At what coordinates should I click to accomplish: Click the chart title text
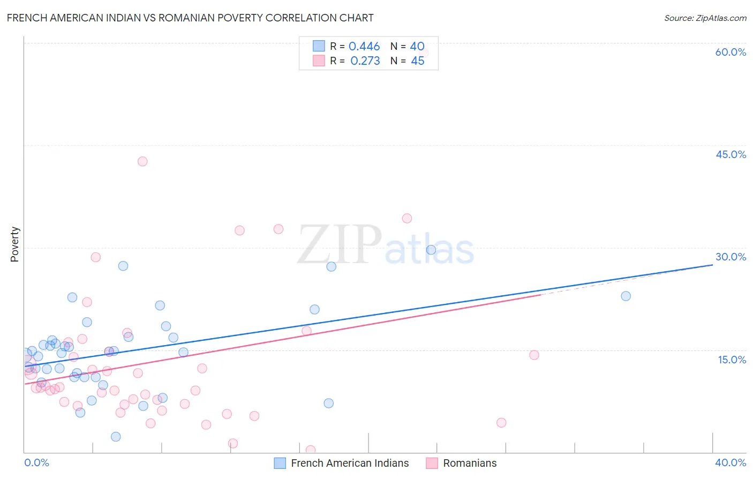click(x=190, y=18)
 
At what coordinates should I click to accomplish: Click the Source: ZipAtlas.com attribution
click(x=705, y=18)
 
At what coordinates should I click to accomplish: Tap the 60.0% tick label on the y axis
click(x=731, y=52)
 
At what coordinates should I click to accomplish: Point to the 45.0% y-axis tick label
click(x=731, y=154)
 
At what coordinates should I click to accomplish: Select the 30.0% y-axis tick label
click(x=731, y=257)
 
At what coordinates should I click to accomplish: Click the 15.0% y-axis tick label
click(x=732, y=360)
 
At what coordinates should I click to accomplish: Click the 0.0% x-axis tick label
click(x=36, y=462)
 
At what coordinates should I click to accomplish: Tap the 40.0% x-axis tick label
click(x=730, y=462)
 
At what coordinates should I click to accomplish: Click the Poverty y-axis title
click(x=14, y=244)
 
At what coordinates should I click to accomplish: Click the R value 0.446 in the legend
click(x=364, y=47)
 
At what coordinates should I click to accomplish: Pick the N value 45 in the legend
click(x=417, y=61)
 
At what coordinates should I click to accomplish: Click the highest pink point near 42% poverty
click(x=142, y=161)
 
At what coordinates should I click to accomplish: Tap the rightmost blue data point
click(x=626, y=296)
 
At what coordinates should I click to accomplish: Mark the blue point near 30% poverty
click(x=431, y=250)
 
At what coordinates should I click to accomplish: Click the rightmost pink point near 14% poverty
click(x=534, y=355)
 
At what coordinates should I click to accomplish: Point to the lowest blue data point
click(x=116, y=437)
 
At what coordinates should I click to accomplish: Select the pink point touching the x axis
click(x=310, y=450)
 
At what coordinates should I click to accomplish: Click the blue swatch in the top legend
click(x=319, y=46)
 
